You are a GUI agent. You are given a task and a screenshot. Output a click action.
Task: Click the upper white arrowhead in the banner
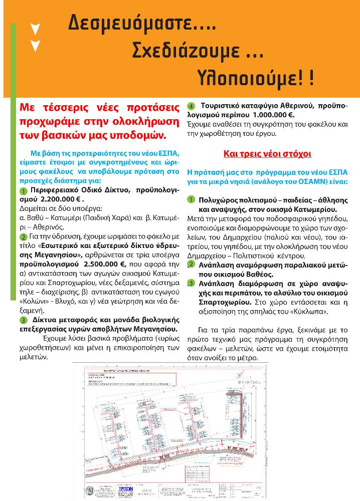coord(35,29)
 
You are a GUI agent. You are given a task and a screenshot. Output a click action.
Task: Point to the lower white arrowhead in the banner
coord(35,46)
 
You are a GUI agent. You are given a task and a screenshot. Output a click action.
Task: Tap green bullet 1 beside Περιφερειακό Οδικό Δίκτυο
coord(24,192)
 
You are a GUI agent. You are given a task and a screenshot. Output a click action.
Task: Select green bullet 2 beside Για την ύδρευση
coord(24,236)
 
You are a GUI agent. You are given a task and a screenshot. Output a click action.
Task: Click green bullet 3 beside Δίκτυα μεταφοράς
coord(24,320)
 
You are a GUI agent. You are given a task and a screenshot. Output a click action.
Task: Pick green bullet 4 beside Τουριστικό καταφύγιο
coord(191,106)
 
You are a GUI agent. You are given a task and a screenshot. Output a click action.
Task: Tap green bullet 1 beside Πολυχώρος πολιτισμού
coord(191,200)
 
